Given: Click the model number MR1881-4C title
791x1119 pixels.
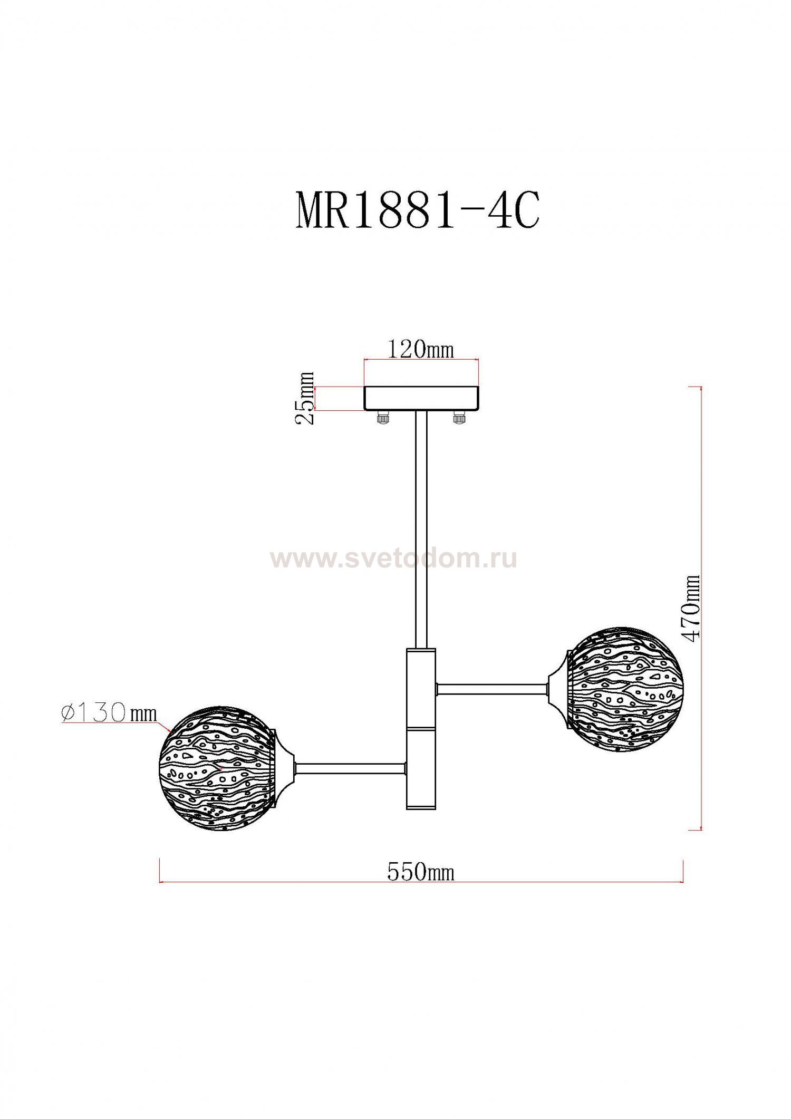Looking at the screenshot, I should click(x=417, y=210).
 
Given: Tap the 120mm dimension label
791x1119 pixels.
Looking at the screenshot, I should click(x=420, y=349).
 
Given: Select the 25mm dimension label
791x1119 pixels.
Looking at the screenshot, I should click(x=304, y=398).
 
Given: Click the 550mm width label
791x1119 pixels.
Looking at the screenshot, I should click(x=420, y=872).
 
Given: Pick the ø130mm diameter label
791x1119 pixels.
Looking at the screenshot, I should click(x=109, y=713).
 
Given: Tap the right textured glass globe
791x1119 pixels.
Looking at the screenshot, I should click(x=625, y=689).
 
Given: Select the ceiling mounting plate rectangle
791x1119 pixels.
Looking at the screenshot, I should click(x=421, y=398).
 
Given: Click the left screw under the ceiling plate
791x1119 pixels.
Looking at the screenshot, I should click(x=381, y=417).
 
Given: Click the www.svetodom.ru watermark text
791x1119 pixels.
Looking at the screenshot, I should click(x=393, y=559).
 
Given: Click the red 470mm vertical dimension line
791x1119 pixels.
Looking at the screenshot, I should click(x=701, y=527).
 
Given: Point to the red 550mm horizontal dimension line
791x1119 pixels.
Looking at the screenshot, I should click(x=316, y=881).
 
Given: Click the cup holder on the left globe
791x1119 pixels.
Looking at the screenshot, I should click(x=284, y=768).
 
